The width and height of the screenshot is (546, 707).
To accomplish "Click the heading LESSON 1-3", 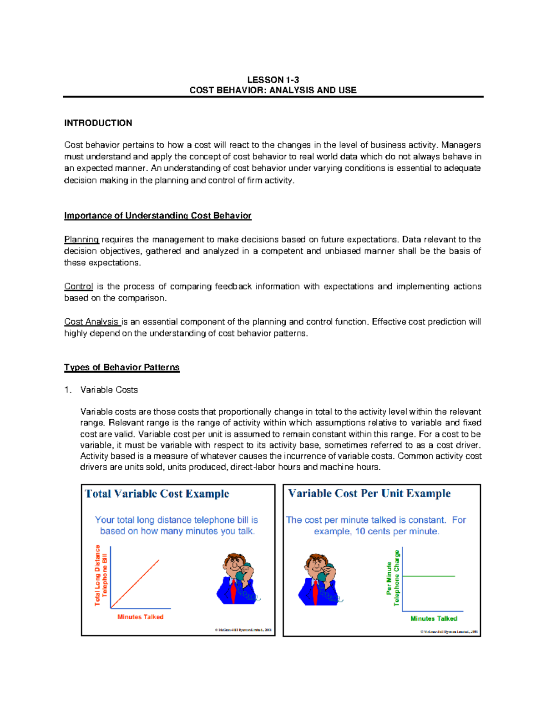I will coord(273,80).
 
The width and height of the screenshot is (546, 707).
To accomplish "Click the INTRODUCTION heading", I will coord(98,123).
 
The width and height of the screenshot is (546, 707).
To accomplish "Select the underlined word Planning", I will coord(81,239).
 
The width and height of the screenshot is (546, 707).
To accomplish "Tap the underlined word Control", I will coord(78,286).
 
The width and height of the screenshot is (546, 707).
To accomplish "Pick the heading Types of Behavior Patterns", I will coord(121,367).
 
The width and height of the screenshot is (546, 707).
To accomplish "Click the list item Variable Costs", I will coord(109,390).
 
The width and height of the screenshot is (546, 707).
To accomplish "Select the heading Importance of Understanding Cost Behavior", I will coord(157,216).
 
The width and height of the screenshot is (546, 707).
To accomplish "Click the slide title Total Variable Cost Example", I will coord(157,494).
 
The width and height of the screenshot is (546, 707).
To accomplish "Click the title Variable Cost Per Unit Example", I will coord(369,493).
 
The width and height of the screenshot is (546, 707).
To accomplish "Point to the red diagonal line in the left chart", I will coord(135,584).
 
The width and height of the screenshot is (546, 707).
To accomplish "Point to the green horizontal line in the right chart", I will coord(429,576).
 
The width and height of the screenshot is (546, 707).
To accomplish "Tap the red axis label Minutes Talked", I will coord(140,617).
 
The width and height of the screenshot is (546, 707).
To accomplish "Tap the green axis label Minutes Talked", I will coord(434,619).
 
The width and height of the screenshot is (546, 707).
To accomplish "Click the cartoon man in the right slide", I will coord(319,580).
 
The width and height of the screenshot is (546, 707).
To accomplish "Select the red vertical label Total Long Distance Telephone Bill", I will coord(101,575).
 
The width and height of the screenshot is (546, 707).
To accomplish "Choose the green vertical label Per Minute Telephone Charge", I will coord(393,578).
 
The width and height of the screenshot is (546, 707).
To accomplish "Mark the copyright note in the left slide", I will coord(243,630).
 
